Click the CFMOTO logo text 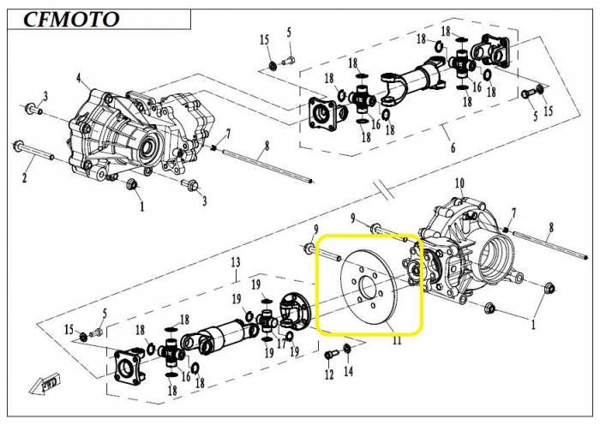71,19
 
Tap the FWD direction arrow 45,383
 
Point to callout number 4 79,79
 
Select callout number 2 25,178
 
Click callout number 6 453,147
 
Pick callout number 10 459,183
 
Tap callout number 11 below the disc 397,339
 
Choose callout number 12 329,375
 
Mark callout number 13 236,262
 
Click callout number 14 348,371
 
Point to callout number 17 282,343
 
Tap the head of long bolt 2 19,146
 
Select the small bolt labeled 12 329,354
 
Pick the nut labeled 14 347,349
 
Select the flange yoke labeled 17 294,311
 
